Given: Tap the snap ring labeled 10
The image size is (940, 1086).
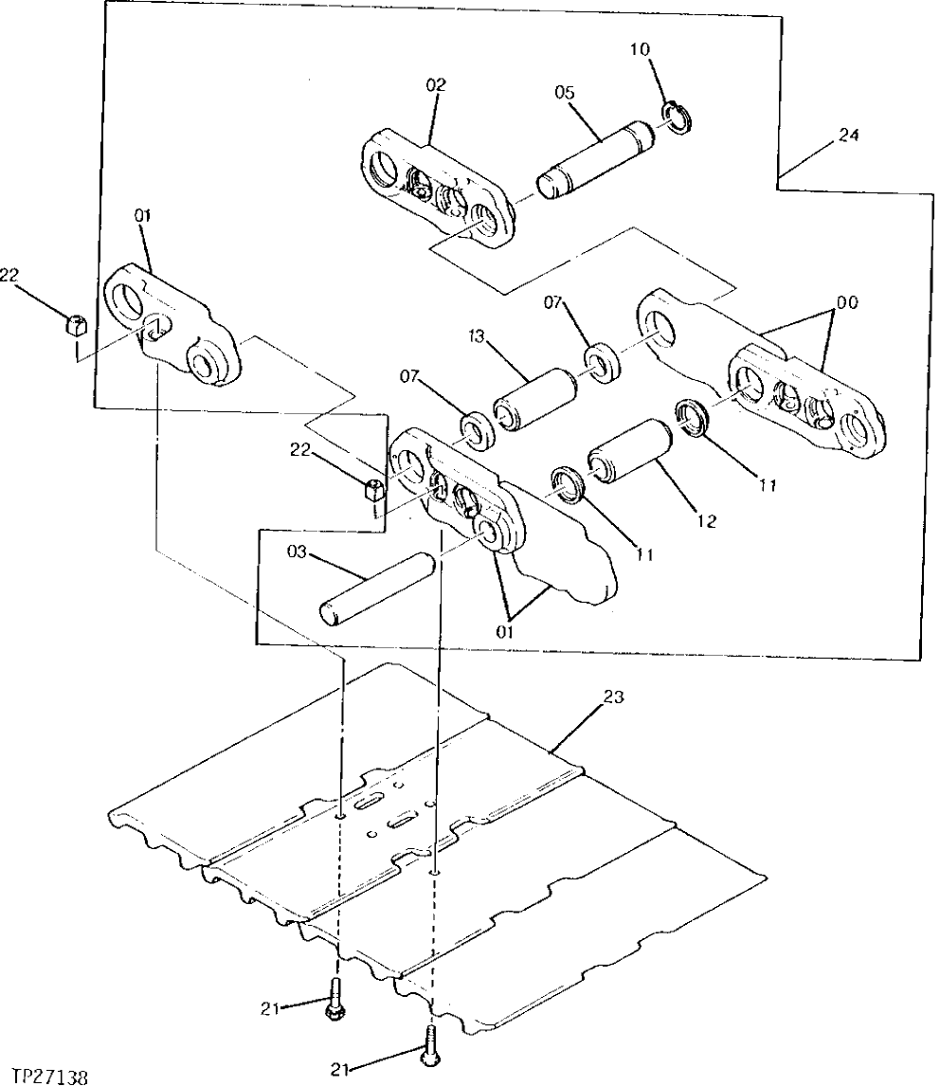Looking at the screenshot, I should click(x=679, y=118).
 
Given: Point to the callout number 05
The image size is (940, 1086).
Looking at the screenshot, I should click(x=565, y=93).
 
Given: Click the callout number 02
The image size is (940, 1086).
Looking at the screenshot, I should click(x=435, y=85).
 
